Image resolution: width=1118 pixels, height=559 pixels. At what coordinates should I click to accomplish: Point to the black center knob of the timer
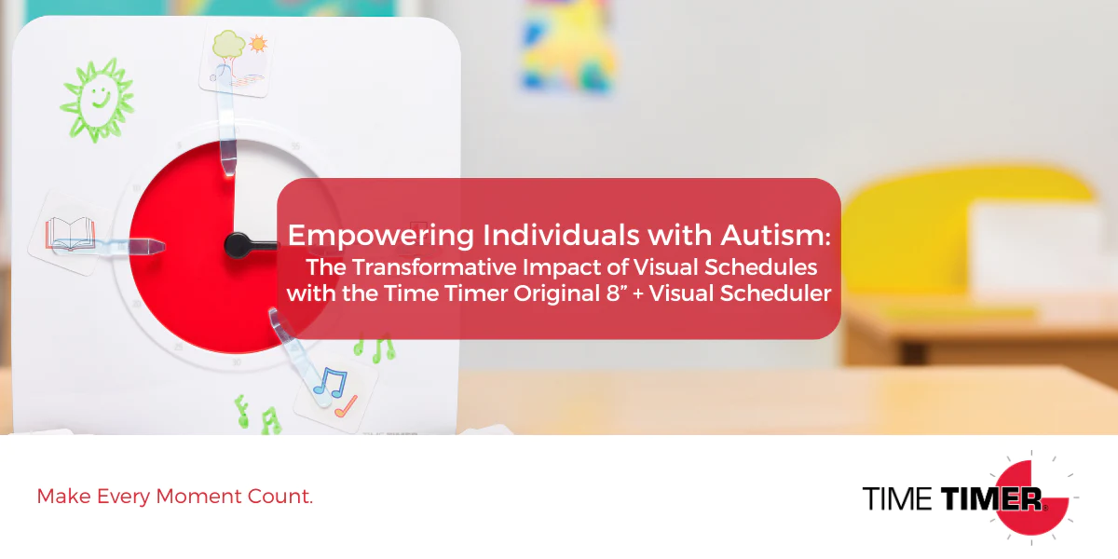click(237, 246)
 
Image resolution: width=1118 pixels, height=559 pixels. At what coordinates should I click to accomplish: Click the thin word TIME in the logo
click(897, 498)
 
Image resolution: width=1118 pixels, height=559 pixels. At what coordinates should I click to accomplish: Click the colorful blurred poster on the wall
click(569, 47)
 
